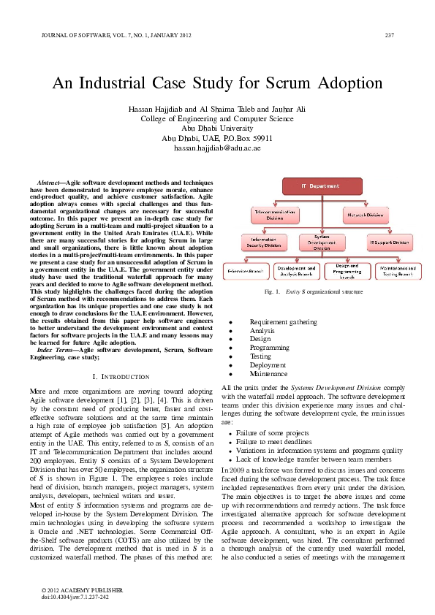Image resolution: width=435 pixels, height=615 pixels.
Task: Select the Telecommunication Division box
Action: pyautogui.click(x=274, y=215)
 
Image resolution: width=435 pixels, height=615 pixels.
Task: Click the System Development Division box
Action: pyautogui.click(x=322, y=242)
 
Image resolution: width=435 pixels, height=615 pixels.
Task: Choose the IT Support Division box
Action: pyautogui.click(x=389, y=242)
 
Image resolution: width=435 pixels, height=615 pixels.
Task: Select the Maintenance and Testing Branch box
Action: pyautogui.click(x=398, y=271)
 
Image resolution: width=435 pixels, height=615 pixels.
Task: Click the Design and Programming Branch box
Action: pyautogui.click(x=347, y=271)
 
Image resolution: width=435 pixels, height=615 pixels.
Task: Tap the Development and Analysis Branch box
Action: pyautogui.click(x=297, y=271)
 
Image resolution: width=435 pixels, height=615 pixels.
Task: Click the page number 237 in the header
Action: pyautogui.click(x=389, y=34)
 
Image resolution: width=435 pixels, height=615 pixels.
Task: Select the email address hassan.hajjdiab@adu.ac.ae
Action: pyautogui.click(x=217, y=148)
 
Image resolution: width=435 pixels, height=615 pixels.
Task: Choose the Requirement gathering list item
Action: pyautogui.click(x=283, y=322)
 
